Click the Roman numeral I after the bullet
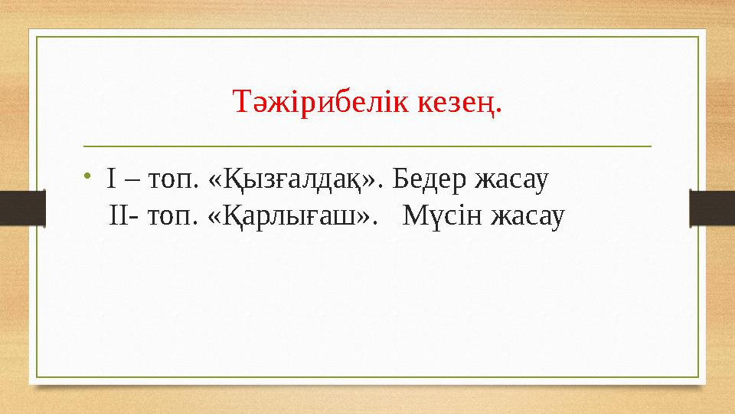coord(112,181)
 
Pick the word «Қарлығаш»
coord(295,218)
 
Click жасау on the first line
coord(513,181)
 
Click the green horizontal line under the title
coord(367,145)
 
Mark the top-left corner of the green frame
coord(37,36)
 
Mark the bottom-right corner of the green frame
coord(698,377)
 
